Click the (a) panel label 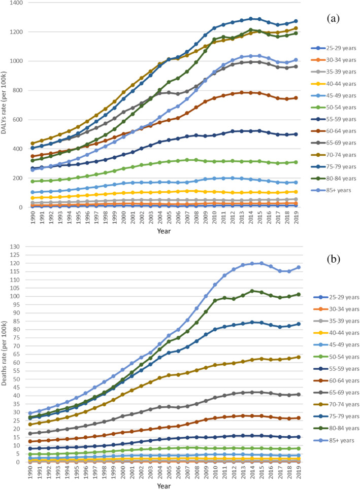click(x=333, y=19)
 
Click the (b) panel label click(x=334, y=259)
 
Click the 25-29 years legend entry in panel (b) click(x=336, y=297)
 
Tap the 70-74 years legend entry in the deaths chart click(x=336, y=404)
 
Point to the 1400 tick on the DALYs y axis click(x=16, y=3)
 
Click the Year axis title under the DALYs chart click(x=164, y=231)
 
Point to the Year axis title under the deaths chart click(x=164, y=485)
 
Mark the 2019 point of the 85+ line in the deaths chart click(x=299, y=267)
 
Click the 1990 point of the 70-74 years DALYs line click(x=32, y=144)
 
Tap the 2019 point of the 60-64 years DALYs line click(x=296, y=98)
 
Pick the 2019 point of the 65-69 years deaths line click(x=299, y=394)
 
